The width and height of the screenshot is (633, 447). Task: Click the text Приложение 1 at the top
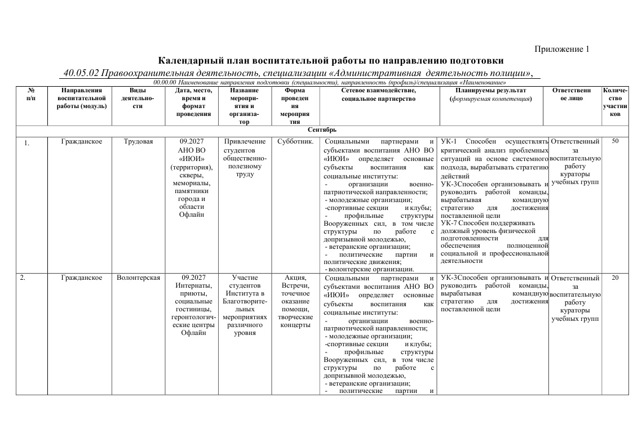[561, 49]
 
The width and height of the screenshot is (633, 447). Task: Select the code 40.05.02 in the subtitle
[81, 73]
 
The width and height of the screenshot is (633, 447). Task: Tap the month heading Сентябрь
[322, 130]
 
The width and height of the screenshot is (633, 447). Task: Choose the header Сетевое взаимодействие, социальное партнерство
[378, 94]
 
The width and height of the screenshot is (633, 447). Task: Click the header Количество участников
[615, 102]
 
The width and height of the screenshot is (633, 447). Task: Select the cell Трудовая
[138, 141]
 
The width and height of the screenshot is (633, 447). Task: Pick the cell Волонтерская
[138, 278]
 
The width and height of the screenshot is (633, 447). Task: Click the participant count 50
[615, 141]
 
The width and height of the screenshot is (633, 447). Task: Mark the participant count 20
[615, 278]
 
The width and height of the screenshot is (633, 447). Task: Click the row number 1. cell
[26, 142]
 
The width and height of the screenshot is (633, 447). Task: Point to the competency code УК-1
[449, 141]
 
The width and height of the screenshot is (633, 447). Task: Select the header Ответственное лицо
[572, 94]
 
